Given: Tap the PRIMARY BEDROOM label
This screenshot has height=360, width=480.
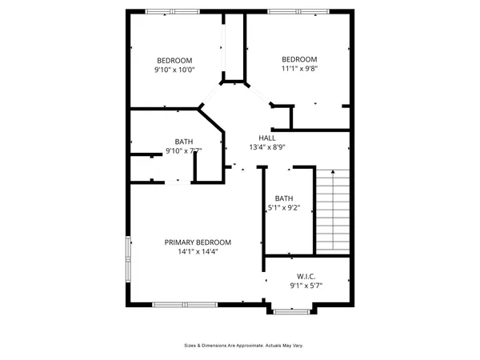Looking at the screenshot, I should (x=198, y=242).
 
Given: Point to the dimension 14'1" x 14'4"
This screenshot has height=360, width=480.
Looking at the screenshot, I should (x=198, y=252).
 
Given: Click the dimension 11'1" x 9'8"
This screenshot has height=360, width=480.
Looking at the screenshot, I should (x=299, y=69).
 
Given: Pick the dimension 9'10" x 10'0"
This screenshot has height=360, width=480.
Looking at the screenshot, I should (x=175, y=70).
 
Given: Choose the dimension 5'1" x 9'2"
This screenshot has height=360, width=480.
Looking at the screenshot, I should (x=284, y=208).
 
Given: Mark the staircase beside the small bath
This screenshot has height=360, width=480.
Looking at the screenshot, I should (x=332, y=210).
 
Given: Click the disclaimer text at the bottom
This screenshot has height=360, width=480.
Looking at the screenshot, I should (x=240, y=346).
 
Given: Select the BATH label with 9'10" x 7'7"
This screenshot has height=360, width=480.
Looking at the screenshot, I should (x=183, y=141).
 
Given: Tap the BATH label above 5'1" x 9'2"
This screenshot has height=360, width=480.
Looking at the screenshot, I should (x=284, y=198).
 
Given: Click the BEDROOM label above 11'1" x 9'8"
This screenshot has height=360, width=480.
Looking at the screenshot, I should (x=299, y=59).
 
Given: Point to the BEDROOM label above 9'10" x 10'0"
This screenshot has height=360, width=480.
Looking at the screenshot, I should (x=174, y=60).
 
